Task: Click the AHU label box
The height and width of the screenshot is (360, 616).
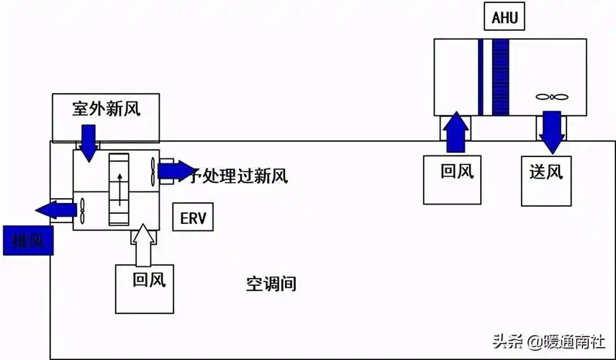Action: pos(505,18)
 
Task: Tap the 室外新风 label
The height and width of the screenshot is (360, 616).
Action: pos(106,109)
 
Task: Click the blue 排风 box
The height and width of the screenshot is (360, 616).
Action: pos(28,240)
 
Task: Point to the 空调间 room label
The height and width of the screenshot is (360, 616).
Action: pos(271,284)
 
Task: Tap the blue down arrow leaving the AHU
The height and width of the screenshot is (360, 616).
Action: pos(552,132)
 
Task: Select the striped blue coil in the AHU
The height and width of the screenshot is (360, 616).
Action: pos(501,77)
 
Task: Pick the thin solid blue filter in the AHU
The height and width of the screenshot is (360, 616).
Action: pos(481,77)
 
